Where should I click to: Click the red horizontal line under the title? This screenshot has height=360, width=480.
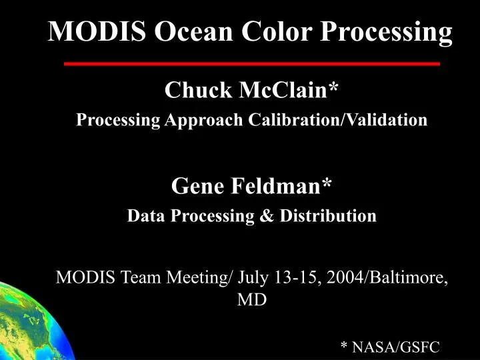tap(252, 64)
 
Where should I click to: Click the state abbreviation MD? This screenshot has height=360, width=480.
tap(252, 300)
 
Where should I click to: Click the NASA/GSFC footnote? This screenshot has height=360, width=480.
tap(390, 346)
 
